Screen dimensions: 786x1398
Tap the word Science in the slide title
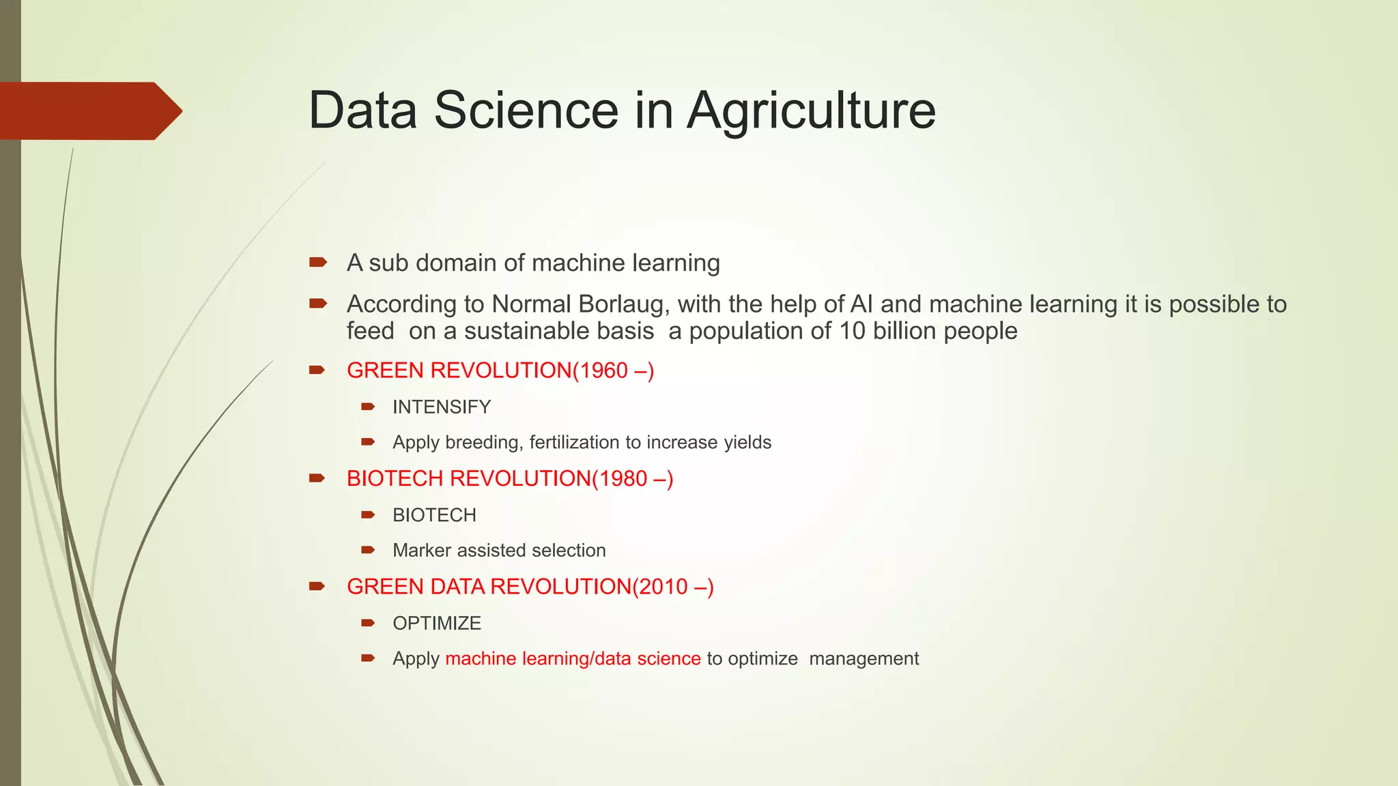[x=526, y=111]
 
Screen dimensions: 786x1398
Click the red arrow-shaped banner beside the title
[x=89, y=111]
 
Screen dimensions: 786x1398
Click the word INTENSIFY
[x=442, y=407]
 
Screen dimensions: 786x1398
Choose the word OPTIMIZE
[x=437, y=624]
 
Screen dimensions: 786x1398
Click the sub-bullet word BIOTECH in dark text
[x=434, y=515]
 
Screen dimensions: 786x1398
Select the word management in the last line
[x=864, y=659]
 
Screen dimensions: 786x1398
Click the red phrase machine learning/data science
[x=573, y=659]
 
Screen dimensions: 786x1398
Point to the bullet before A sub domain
[x=318, y=262]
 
